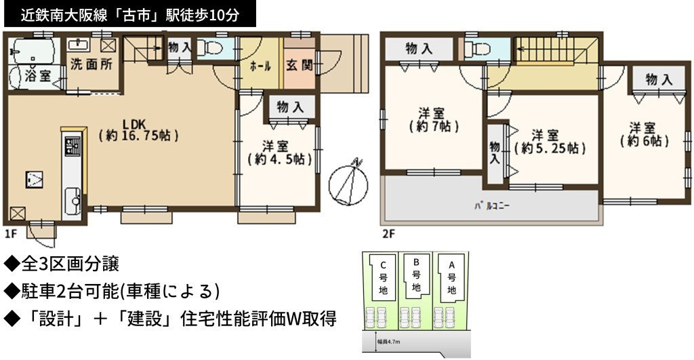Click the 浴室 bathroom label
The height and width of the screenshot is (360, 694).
click(37, 76)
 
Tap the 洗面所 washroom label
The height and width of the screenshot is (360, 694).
click(91, 64)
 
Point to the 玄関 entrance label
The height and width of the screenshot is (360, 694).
click(300, 66)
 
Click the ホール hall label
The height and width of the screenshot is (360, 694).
click(260, 66)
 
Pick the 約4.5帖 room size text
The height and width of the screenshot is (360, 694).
click(279, 159)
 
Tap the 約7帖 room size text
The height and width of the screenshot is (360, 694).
click(434, 127)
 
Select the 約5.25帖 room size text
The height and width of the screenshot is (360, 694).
click(550, 148)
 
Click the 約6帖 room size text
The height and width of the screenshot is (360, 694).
click(644, 141)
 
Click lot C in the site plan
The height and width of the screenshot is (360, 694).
click(383, 278)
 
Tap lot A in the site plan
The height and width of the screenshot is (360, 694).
click(451, 278)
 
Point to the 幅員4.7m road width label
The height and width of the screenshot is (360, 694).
click(388, 342)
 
